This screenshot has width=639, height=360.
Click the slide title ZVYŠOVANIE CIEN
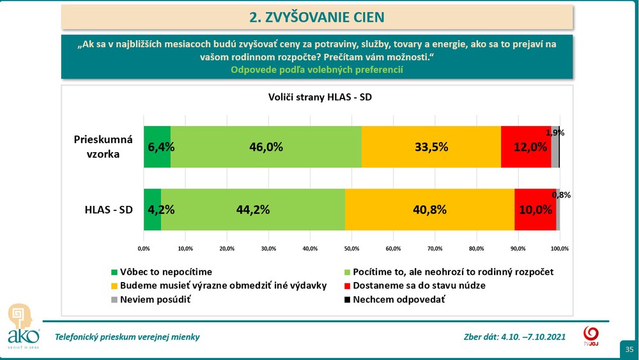[x=317, y=17]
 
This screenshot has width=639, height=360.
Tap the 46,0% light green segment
[x=266, y=146]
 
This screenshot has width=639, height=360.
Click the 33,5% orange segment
[x=431, y=146]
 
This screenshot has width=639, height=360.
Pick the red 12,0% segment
[x=526, y=146]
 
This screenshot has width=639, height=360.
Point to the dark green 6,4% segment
[x=157, y=146]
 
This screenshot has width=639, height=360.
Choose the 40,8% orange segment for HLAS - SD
[x=429, y=209]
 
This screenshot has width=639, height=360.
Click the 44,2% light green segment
[x=252, y=209]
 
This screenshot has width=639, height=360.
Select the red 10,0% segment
[x=535, y=209]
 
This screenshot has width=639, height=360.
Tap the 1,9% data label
[x=555, y=133]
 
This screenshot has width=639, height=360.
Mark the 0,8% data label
[x=561, y=195]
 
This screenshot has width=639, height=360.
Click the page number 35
[x=629, y=349]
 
